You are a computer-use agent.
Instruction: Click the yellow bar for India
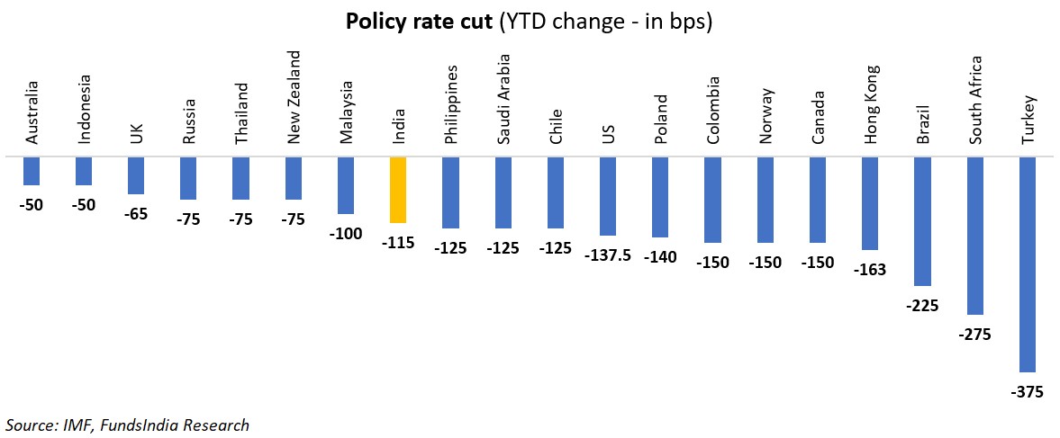click(398, 190)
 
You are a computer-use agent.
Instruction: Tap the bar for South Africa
click(975, 236)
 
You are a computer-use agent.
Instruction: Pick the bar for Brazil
click(923, 221)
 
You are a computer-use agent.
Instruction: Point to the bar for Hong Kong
click(870, 203)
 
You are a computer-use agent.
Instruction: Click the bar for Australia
click(32, 171)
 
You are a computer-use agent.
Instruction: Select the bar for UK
click(136, 175)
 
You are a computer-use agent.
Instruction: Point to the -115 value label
click(398, 243)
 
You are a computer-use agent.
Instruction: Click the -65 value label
click(136, 214)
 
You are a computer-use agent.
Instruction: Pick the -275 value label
click(975, 335)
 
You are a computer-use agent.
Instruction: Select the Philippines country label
click(451, 103)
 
